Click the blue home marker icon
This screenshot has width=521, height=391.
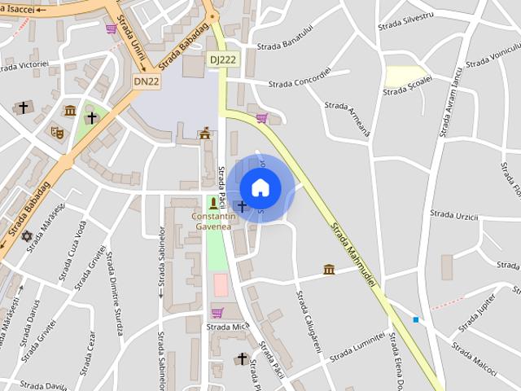[260, 188]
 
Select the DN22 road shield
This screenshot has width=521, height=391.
[147, 81]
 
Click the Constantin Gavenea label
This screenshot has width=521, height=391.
[213, 222]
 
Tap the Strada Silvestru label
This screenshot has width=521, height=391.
[406, 20]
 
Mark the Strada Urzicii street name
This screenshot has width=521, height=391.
[454, 215]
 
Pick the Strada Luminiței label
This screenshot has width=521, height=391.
[357, 345]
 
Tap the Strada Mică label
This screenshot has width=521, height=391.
[227, 327]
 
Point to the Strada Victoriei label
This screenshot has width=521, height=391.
[24, 64]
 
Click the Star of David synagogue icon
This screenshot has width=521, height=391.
[27, 235]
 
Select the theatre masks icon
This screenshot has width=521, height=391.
[57, 131]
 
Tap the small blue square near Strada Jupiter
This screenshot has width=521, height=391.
[416, 319]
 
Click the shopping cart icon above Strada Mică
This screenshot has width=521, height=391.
[217, 312]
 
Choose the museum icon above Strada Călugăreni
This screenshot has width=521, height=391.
[329, 269]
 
